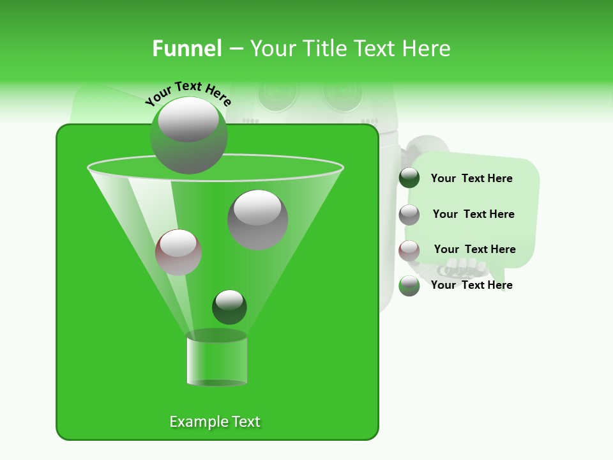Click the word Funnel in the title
pyautogui.click(x=186, y=49)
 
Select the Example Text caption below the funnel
pyautogui.click(x=215, y=422)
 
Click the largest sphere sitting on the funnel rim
pyautogui.click(x=188, y=135)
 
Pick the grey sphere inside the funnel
pyautogui.click(x=258, y=219)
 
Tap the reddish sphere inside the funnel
pyautogui.click(x=179, y=252)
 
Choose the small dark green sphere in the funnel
pyautogui.click(x=229, y=307)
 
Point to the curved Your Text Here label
pyautogui.click(x=188, y=93)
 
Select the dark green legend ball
pyautogui.click(x=409, y=178)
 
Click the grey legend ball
pyautogui.click(x=409, y=215)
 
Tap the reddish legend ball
pyautogui.click(x=409, y=250)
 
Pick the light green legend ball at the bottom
pyautogui.click(x=409, y=286)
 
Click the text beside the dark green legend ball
pyautogui.click(x=471, y=178)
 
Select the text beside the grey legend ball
pyautogui.click(x=473, y=214)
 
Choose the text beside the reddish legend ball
pyautogui.click(x=474, y=249)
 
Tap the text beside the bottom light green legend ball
pyautogui.click(x=471, y=285)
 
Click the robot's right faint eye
pyautogui.click(x=344, y=92)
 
